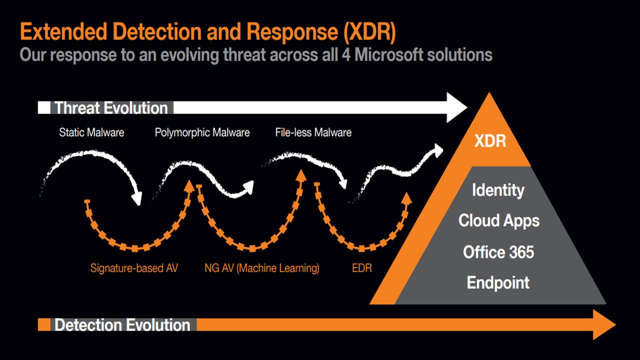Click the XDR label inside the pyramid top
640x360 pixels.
click(x=490, y=141)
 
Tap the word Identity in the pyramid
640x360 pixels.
click(x=498, y=190)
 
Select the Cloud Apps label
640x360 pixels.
click(x=499, y=221)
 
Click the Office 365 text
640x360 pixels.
click(x=498, y=252)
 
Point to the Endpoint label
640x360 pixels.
click(x=498, y=283)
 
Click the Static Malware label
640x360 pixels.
click(x=91, y=132)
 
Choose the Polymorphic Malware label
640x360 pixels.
click(x=202, y=133)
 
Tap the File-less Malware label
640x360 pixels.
click(x=313, y=132)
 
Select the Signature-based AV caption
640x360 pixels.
click(x=134, y=268)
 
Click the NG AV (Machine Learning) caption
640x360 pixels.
click(x=261, y=268)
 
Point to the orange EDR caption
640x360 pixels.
click(x=361, y=268)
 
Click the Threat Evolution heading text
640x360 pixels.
click(x=111, y=108)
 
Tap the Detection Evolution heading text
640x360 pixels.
click(x=122, y=325)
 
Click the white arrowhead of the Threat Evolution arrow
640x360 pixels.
click(x=456, y=107)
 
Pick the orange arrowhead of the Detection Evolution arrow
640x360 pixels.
click(x=604, y=324)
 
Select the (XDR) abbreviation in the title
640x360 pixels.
click(x=369, y=31)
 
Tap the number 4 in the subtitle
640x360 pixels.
click(x=346, y=55)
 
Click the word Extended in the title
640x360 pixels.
click(x=63, y=31)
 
